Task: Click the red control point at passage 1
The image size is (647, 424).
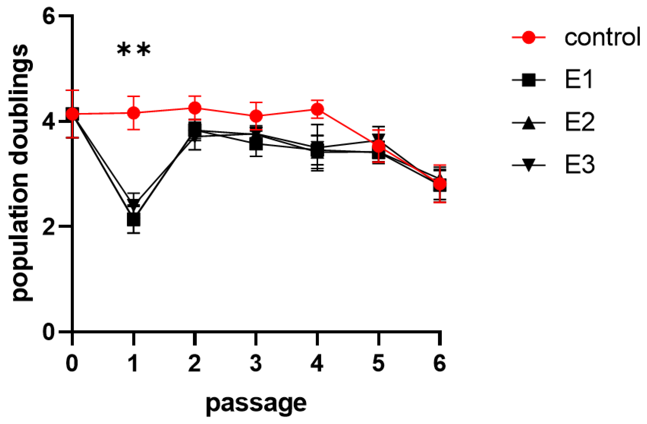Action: (x=134, y=113)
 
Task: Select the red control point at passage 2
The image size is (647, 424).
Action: (x=195, y=108)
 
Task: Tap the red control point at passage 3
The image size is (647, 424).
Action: (x=256, y=116)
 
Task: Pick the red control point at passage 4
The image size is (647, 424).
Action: (x=317, y=109)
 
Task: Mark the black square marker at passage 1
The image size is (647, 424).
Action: (x=134, y=219)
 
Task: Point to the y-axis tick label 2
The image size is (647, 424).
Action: (x=49, y=226)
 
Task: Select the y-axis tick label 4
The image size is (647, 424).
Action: (x=49, y=122)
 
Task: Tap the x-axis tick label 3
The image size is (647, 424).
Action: (x=256, y=363)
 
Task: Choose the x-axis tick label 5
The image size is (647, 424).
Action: (x=378, y=363)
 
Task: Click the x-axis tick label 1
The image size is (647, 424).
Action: (x=134, y=363)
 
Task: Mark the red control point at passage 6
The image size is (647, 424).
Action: (x=440, y=184)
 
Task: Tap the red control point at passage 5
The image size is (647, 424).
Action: (x=378, y=146)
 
